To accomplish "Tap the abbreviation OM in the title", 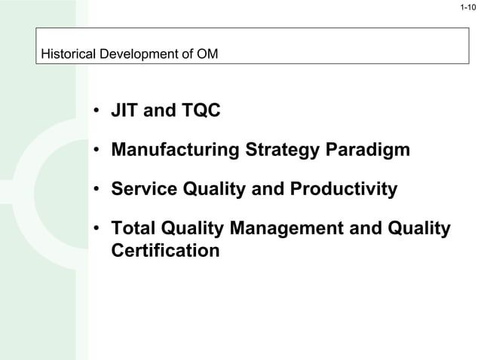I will click(x=207, y=54).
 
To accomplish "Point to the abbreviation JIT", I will click(x=124, y=111).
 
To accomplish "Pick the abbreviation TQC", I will click(x=201, y=111).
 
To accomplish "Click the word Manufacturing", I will click(x=176, y=150).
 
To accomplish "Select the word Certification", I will click(x=165, y=250).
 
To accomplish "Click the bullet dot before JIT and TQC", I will click(x=97, y=112).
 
